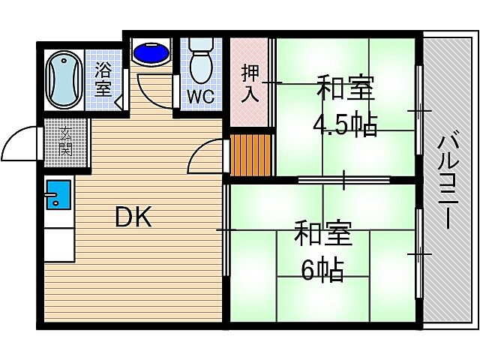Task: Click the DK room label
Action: (x=133, y=217)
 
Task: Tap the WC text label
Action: (x=200, y=96)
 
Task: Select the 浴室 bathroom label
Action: (x=103, y=79)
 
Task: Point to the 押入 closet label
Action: (x=250, y=83)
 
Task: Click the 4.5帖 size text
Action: (x=345, y=124)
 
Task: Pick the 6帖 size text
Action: (x=323, y=268)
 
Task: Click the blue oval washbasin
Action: (x=151, y=54)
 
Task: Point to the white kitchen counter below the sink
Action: (x=58, y=240)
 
